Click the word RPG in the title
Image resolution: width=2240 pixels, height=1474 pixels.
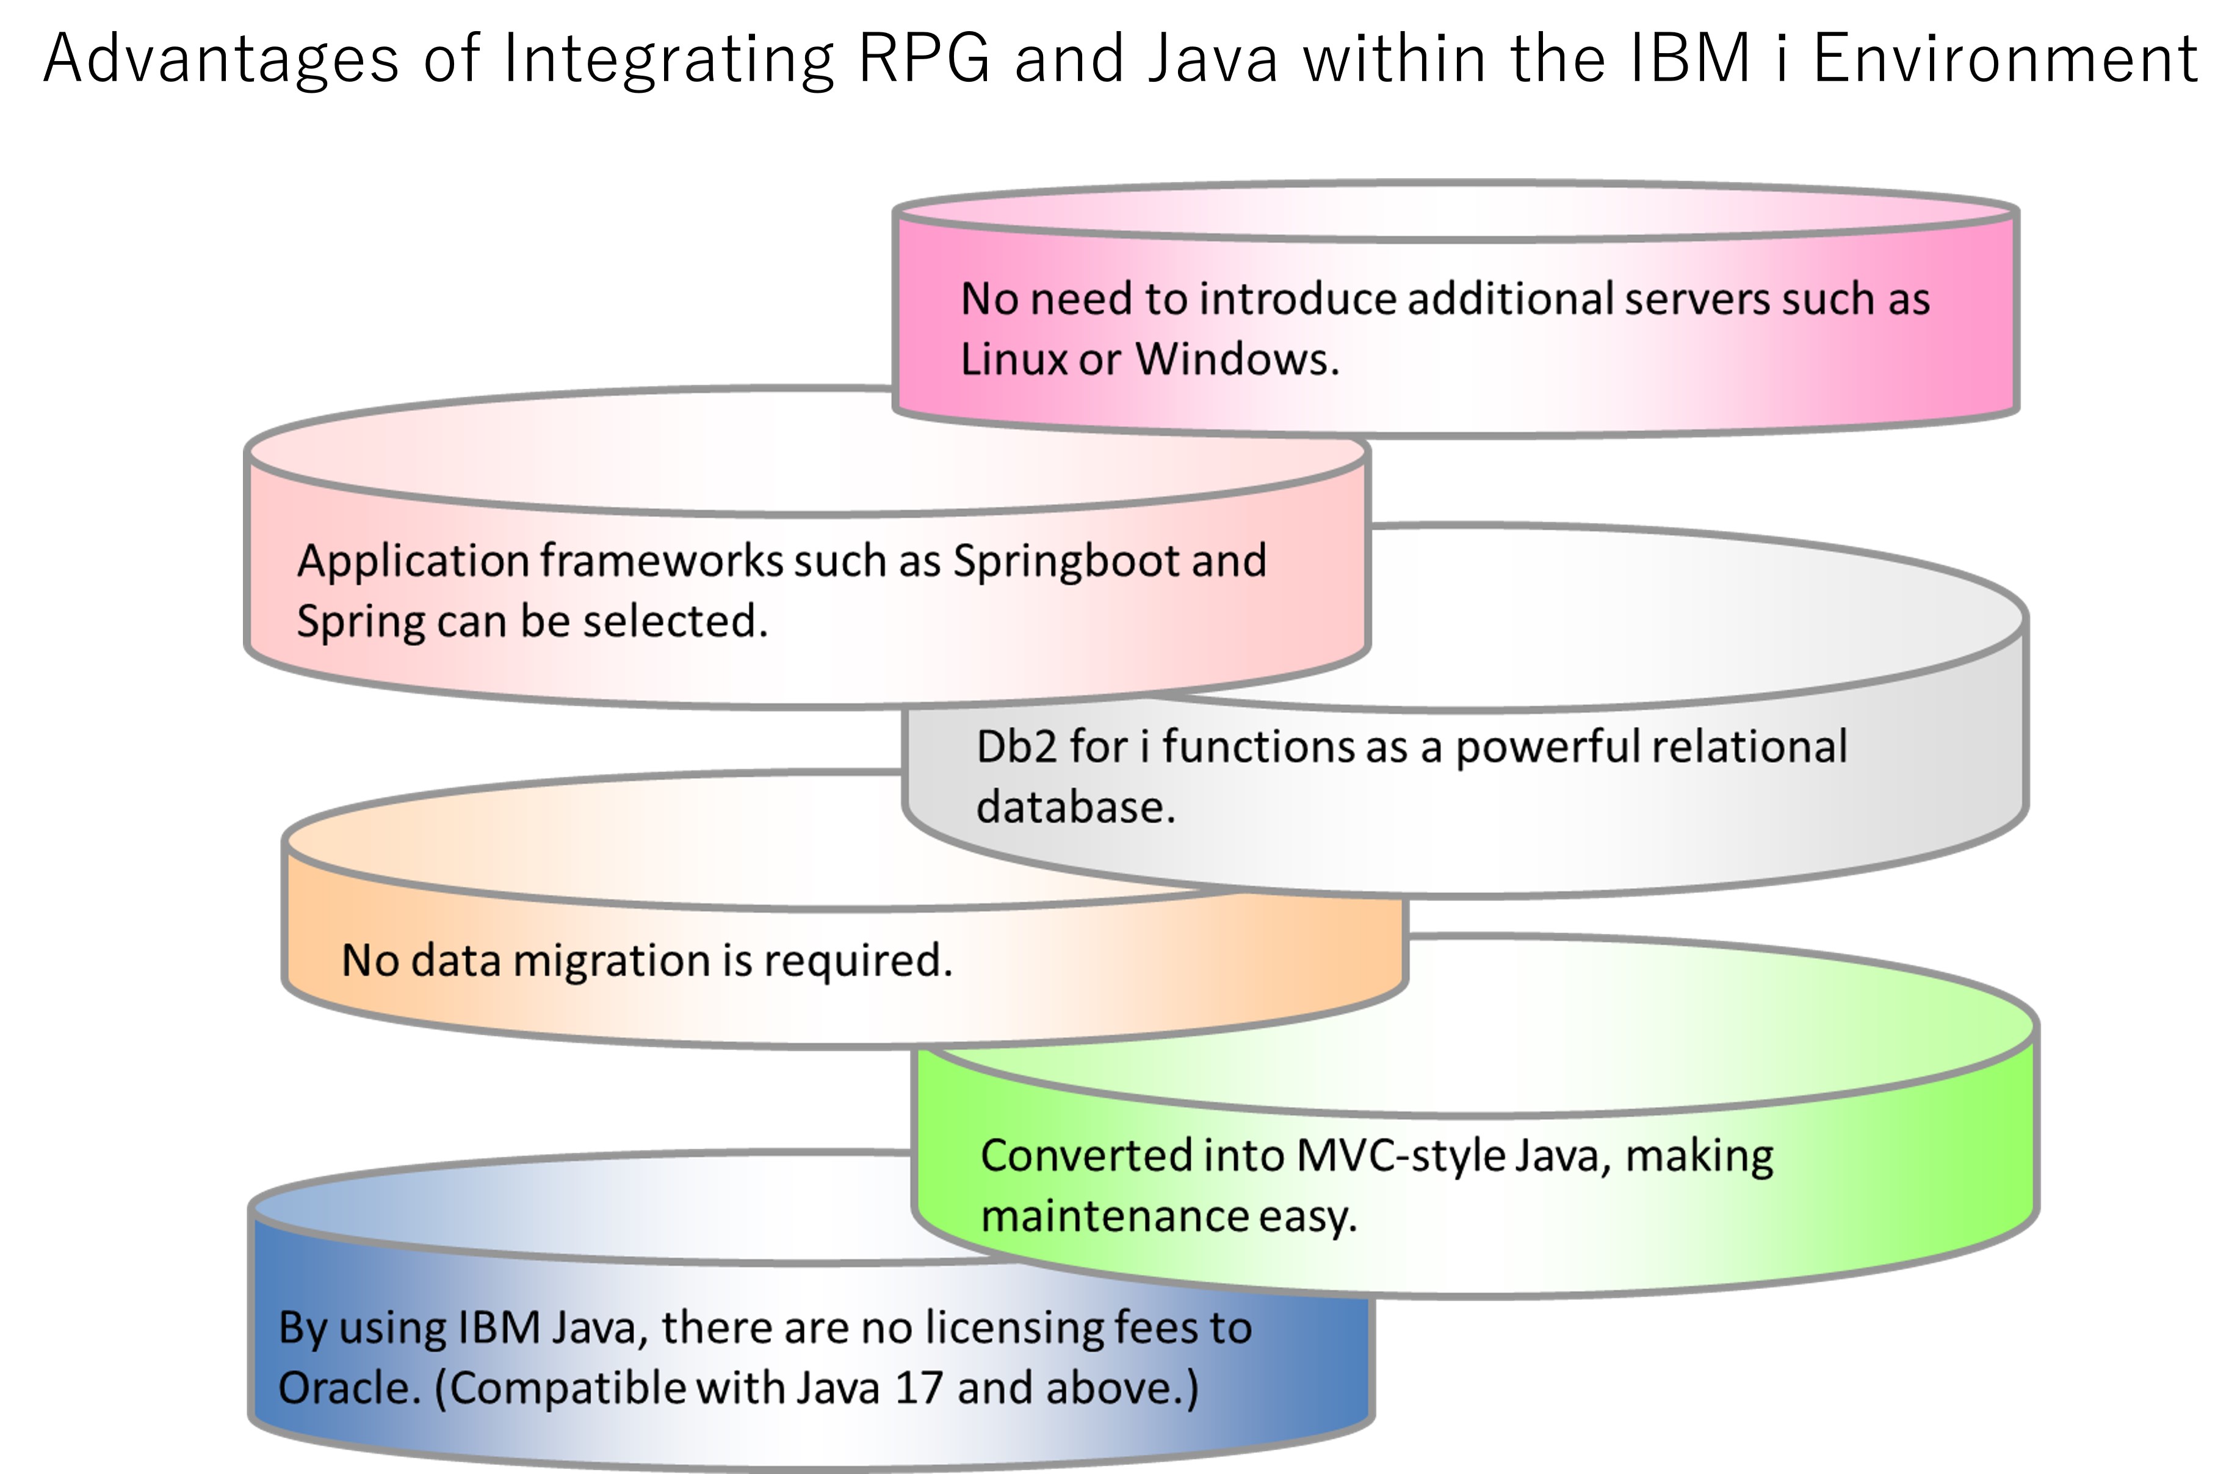tap(925, 59)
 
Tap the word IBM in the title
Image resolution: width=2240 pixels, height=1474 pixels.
tap(1689, 59)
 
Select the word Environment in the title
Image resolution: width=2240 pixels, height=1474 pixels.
tap(2006, 59)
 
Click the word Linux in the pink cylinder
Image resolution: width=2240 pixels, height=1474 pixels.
tap(1013, 359)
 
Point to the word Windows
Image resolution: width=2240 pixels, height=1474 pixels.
tap(1237, 359)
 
